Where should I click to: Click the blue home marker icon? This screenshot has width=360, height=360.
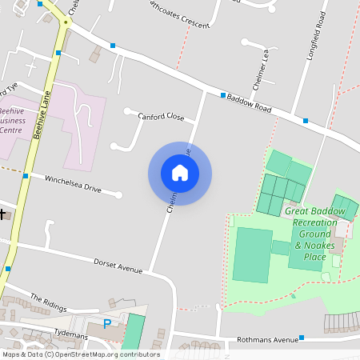point(180,173)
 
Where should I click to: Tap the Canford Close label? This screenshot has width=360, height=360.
point(161,117)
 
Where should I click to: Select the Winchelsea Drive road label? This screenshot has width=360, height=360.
point(73,185)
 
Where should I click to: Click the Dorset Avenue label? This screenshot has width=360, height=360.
point(118,265)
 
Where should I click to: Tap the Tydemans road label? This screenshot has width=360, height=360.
point(70,330)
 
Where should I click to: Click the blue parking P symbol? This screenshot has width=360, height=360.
point(107,324)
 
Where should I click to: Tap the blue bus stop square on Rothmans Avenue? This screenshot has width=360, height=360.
point(302,339)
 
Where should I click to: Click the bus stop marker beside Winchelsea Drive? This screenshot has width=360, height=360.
point(26,175)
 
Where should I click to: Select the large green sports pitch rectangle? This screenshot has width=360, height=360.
point(253,254)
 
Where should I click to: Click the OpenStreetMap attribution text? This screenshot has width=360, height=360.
point(81,354)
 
